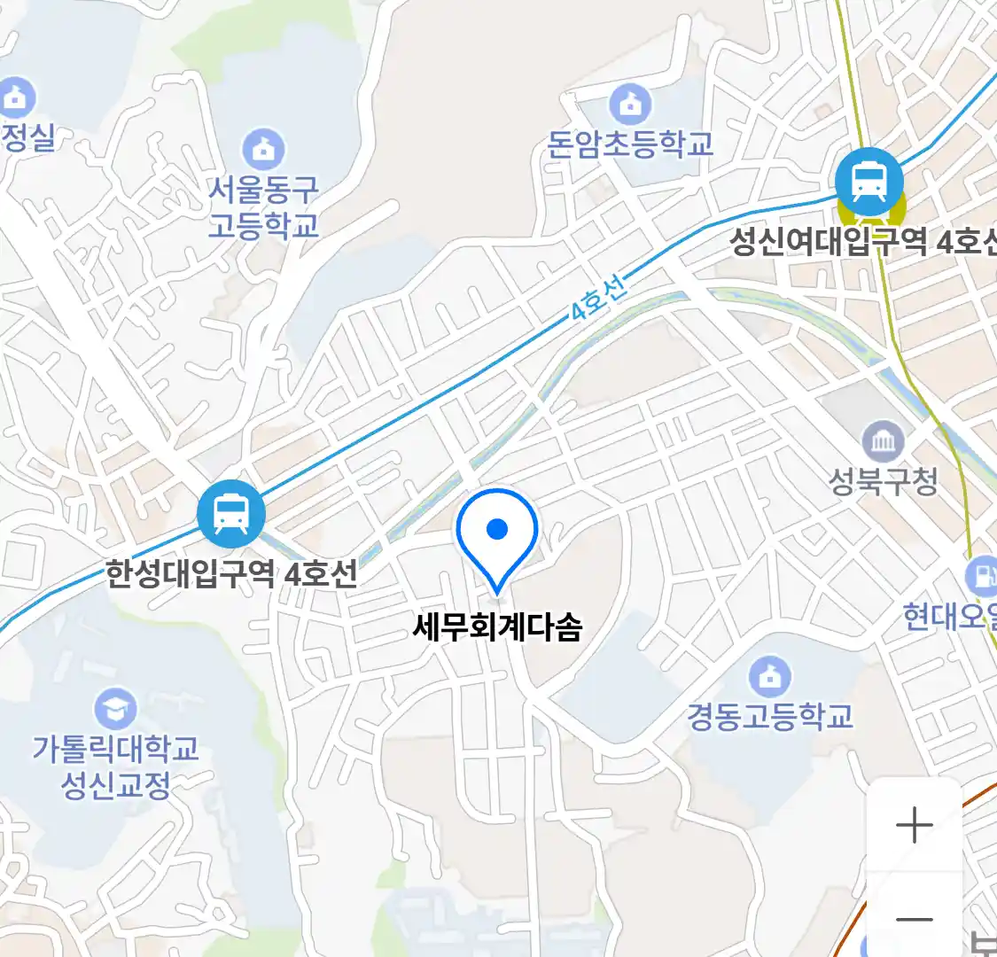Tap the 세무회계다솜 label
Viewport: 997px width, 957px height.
497,627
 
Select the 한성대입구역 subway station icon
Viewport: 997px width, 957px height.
231,513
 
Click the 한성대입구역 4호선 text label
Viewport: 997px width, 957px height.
232,574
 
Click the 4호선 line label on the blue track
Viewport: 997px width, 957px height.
597,299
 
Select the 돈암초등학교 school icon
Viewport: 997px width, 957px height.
630,105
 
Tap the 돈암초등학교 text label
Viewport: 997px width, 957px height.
630,144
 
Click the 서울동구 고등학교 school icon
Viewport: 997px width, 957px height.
263,148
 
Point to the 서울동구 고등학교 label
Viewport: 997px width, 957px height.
263,206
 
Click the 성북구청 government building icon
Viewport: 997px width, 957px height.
883,440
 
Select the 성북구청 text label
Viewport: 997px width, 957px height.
883,481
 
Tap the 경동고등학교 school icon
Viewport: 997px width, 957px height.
769,676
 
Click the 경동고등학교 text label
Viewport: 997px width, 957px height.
769,716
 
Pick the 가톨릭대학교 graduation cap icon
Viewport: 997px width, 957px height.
115,708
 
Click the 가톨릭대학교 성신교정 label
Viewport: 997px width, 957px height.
115,766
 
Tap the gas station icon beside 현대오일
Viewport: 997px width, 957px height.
982,576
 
